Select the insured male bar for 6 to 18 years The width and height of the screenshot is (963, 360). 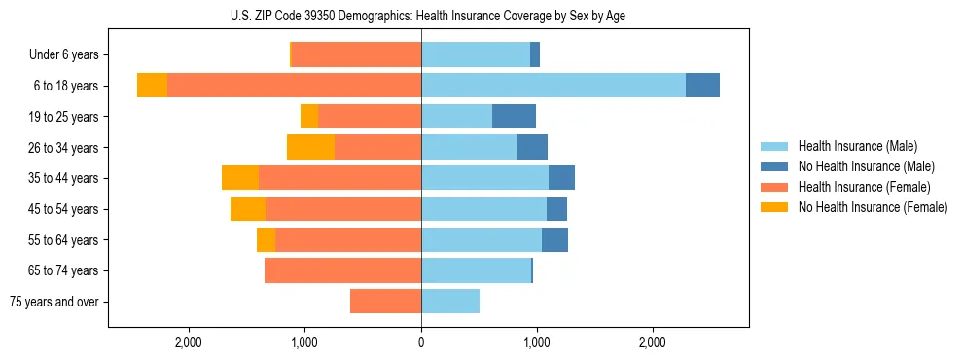pos(553,86)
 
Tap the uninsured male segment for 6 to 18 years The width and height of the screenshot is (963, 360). pos(702,86)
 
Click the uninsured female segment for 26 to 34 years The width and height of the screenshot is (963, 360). pos(310,147)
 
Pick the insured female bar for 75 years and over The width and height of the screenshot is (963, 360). pos(385,302)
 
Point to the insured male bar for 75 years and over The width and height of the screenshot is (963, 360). pos(450,302)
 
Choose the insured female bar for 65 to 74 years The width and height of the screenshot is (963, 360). pos(342,270)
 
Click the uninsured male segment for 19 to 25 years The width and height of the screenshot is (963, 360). pos(514,117)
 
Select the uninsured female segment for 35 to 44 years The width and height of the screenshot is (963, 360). pos(240,178)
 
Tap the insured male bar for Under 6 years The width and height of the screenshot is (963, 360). pos(476,54)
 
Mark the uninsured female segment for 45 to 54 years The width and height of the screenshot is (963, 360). pos(248,209)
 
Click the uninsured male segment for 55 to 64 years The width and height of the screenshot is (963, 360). pos(554,239)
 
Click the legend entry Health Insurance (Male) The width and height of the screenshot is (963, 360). pos(857,146)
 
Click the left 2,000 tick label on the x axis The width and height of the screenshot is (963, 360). pos(188,342)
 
